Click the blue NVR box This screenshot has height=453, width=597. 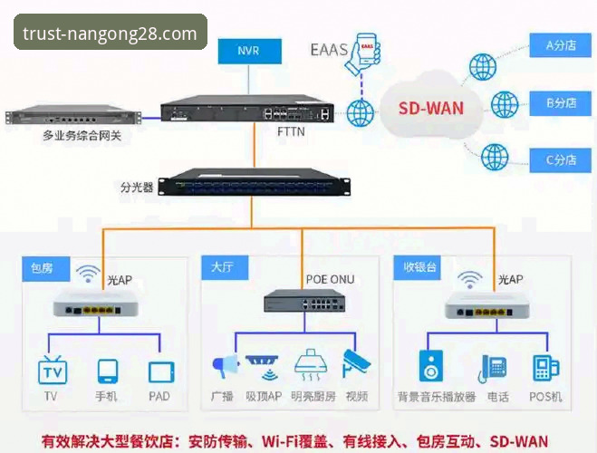point(248,52)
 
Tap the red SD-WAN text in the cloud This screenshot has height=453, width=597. point(430,108)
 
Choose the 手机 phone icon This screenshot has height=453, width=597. point(108,371)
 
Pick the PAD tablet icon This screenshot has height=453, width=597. point(161,371)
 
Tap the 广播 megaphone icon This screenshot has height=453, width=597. point(224,366)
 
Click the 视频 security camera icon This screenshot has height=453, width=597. point(355,365)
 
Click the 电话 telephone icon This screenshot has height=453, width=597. point(495,367)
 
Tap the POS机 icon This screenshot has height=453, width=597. point(544,367)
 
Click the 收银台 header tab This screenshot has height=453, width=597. point(419,267)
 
